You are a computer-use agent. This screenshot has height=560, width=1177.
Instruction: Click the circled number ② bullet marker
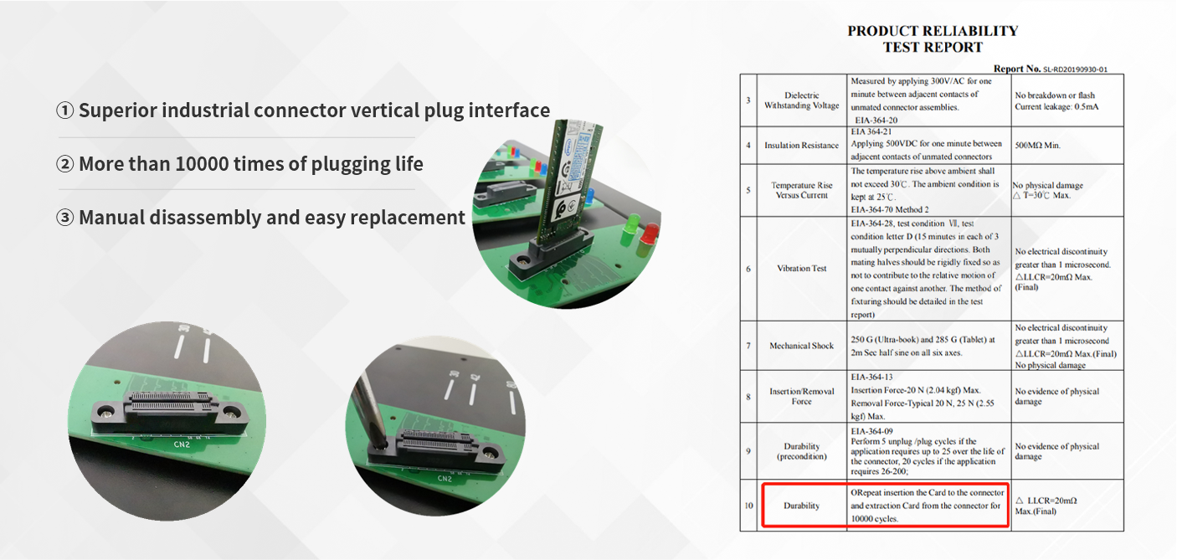[65, 164]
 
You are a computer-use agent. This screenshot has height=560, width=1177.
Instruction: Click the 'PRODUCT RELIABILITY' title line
[933, 31]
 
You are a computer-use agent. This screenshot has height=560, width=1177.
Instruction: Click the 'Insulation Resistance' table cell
[801, 146]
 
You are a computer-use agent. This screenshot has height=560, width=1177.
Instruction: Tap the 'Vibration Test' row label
[801, 269]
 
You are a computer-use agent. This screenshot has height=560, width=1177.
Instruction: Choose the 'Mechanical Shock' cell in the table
[801, 346]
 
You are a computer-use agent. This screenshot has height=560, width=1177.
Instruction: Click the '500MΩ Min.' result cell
[1038, 146]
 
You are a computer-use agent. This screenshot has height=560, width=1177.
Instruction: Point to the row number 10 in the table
[748, 506]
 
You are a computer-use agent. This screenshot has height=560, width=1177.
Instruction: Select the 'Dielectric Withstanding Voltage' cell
[801, 100]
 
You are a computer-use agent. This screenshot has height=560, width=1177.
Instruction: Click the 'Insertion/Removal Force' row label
[801, 396]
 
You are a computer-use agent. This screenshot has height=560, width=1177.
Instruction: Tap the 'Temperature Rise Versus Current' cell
[801, 190]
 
